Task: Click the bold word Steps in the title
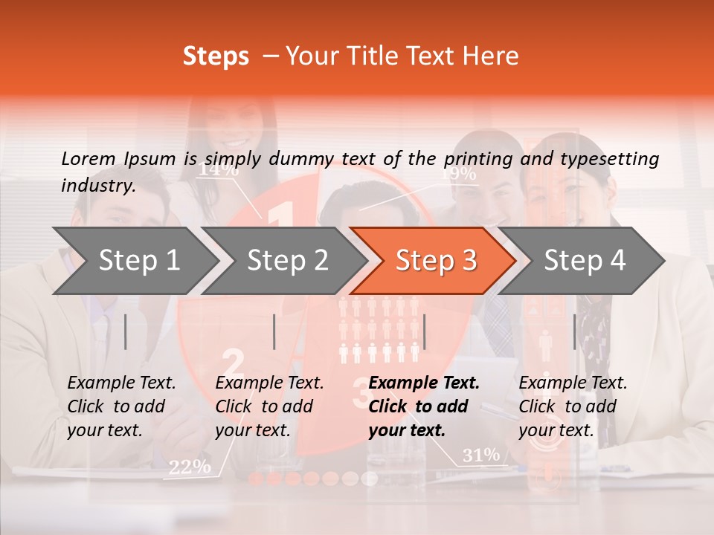tap(216, 56)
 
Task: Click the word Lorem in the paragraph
tap(89, 158)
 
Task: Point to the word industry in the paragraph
tap(97, 186)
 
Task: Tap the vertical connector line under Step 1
tap(126, 331)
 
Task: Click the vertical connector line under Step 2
tap(274, 331)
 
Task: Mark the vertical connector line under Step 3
tap(424, 331)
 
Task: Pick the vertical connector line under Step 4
tap(574, 331)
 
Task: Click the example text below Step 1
tap(121, 406)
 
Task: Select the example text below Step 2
tap(269, 406)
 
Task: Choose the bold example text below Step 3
tap(423, 406)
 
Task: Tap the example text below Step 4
tap(573, 406)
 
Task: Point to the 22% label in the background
tap(189, 467)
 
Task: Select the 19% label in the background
tap(458, 174)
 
